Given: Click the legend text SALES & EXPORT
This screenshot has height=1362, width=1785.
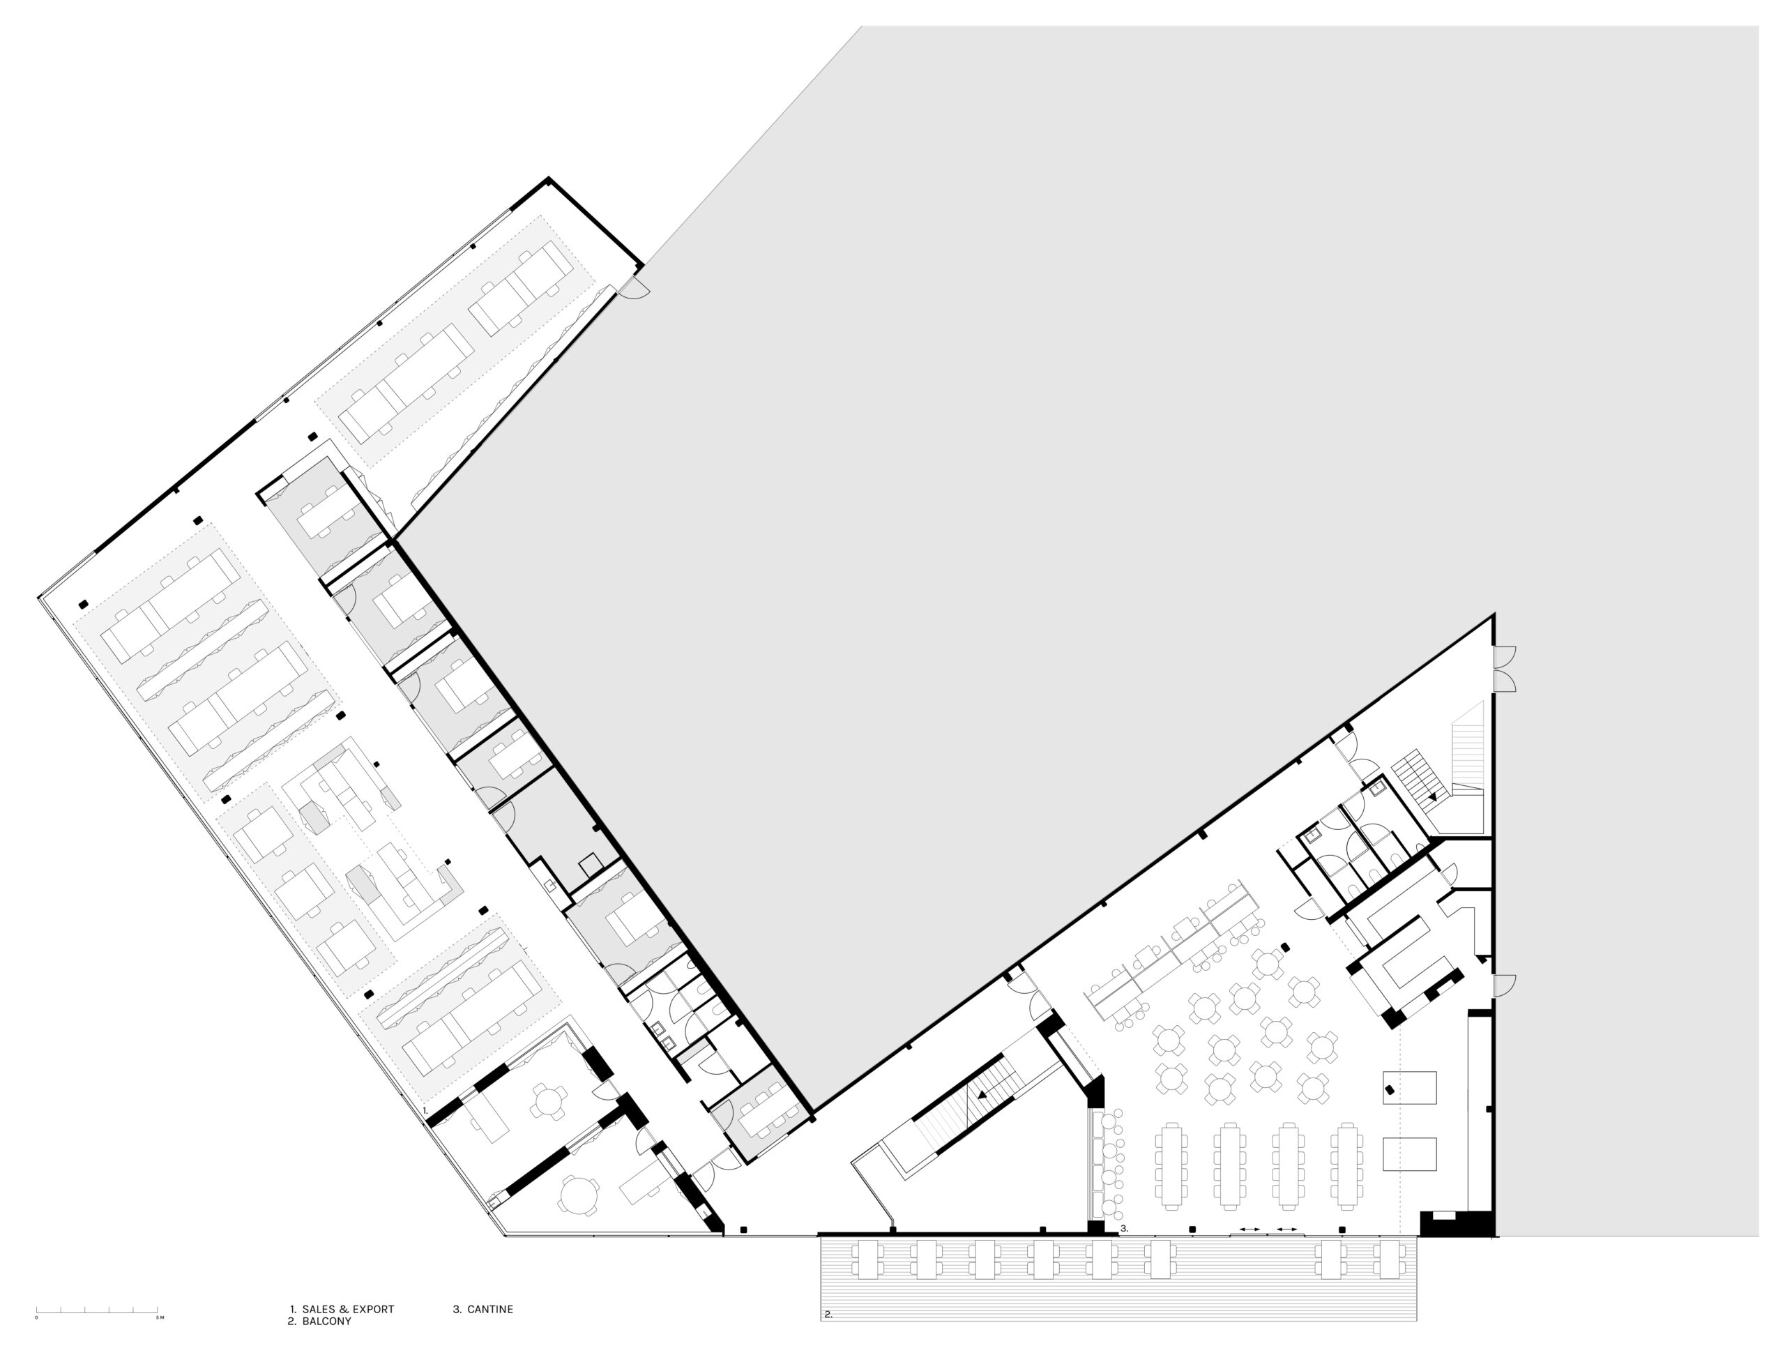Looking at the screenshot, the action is (348, 1309).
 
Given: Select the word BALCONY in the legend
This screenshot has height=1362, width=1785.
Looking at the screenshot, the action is (327, 1322).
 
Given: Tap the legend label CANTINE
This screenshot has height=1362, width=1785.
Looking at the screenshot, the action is (489, 1309).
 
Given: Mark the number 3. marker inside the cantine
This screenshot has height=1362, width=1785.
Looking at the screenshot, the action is (1123, 1229).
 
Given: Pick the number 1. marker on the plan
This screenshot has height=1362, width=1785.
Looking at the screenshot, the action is (425, 1110).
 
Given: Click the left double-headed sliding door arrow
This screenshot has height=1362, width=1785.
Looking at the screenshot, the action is (1249, 1230).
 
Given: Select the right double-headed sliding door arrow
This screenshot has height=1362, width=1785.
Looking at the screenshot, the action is (1287, 1230).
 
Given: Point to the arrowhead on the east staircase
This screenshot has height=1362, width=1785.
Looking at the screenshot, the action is (1433, 796).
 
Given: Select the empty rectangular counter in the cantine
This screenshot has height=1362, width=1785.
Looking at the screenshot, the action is (1410, 1153).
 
